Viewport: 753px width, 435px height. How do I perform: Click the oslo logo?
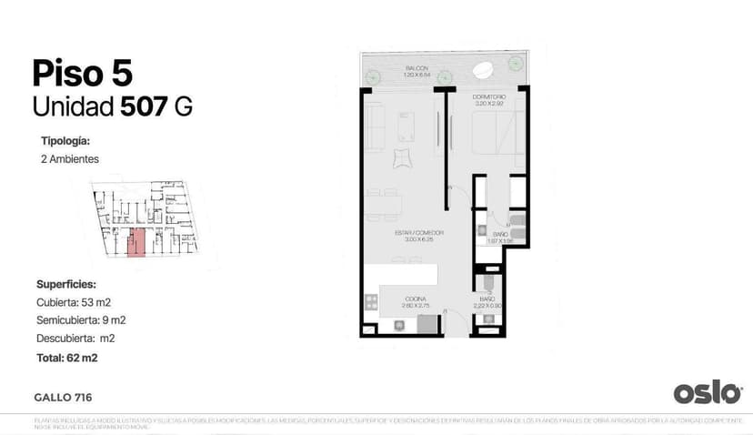coord(708,392)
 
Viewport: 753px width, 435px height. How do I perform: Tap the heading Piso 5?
coord(81,72)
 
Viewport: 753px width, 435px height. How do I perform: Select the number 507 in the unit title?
coord(144,106)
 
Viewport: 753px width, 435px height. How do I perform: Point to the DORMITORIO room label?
coord(488,96)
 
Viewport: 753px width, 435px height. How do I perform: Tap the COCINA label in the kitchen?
coord(416,298)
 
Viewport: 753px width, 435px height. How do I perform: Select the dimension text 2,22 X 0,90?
coord(487,306)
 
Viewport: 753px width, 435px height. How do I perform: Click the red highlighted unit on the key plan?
coord(136,243)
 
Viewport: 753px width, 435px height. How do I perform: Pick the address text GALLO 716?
coord(63,397)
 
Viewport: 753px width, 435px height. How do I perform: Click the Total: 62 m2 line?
coord(66,358)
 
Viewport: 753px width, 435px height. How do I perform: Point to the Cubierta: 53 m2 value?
coord(74,301)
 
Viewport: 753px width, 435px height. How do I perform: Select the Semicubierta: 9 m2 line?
coord(81,319)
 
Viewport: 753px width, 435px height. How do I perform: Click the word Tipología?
coord(65,141)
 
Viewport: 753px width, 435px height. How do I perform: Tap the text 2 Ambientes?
coord(70,159)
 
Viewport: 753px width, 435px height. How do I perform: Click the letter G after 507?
coord(183,106)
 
